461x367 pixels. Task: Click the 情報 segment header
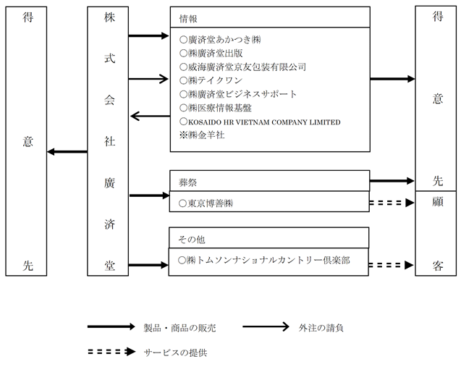(188, 19)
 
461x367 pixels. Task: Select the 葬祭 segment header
(187, 182)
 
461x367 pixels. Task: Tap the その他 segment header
(191, 240)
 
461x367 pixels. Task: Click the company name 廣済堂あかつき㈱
(220, 40)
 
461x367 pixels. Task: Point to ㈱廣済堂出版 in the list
(211, 54)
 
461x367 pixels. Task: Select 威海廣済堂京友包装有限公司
(243, 67)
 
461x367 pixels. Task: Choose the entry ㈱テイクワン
(211, 80)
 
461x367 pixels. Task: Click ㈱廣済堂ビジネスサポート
(238, 94)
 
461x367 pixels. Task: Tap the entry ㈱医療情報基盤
(216, 108)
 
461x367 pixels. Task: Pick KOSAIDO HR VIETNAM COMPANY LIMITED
(260, 122)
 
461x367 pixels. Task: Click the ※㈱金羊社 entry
(202, 135)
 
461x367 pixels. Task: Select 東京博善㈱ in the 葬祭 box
(206, 203)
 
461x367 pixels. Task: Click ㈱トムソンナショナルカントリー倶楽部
(264, 261)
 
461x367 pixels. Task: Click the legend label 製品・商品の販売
(179, 328)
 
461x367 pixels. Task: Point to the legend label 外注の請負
(321, 328)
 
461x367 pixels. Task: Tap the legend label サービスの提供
(175, 353)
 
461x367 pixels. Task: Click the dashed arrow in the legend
(111, 351)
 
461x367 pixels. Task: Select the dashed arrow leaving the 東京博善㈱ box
(392, 203)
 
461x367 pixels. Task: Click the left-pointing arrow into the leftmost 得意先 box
(67, 152)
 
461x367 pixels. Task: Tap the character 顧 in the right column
(437, 202)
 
